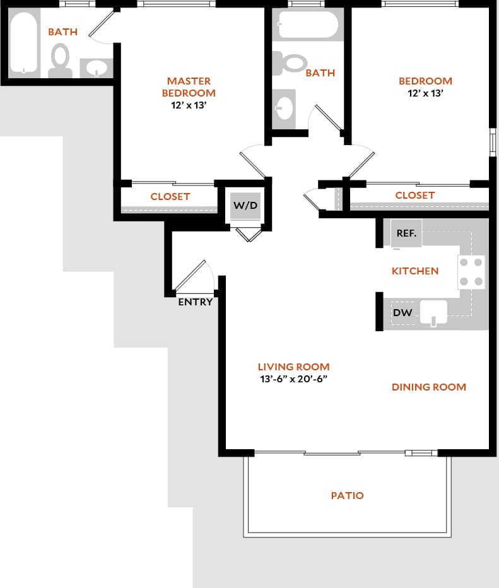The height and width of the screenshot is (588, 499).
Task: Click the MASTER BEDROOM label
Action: tap(189, 86)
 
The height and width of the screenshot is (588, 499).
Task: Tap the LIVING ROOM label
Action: tap(293, 367)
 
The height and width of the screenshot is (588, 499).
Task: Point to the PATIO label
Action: tap(347, 496)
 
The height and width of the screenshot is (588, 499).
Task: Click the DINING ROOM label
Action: tap(428, 387)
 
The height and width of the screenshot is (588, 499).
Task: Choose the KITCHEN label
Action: tap(414, 271)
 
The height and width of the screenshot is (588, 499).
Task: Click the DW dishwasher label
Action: tap(402, 312)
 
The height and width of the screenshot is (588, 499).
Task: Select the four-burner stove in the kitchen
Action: tap(471, 272)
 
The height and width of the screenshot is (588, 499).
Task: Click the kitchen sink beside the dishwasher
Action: tap(433, 312)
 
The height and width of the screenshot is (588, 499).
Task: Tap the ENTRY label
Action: tap(195, 302)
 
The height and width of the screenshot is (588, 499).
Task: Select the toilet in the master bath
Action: tap(61, 59)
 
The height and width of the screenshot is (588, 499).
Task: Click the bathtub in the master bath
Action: tap(25, 43)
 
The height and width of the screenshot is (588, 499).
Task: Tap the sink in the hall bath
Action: tap(285, 105)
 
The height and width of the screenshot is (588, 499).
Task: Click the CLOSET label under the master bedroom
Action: tap(170, 196)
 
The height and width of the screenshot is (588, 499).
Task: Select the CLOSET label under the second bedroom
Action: tap(414, 195)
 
